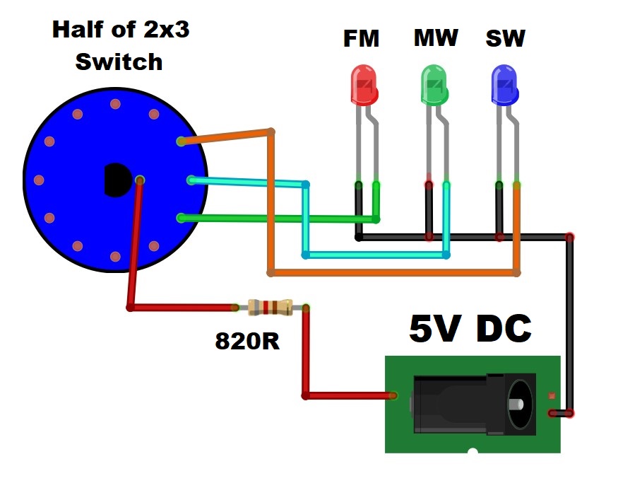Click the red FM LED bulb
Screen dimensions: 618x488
[364, 86]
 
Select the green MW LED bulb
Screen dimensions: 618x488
[434, 86]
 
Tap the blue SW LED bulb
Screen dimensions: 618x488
[505, 86]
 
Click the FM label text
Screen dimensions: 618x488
[361, 38]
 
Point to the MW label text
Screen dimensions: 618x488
[436, 38]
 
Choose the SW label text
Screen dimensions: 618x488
[505, 38]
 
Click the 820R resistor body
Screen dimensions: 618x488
[271, 307]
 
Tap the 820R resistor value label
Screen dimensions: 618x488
[247, 341]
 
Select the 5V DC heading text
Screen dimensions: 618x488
[470, 328]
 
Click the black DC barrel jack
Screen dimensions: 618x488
[475, 404]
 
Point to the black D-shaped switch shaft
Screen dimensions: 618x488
[117, 180]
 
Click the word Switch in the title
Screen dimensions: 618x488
[119, 62]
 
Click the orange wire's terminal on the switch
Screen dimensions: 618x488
[181, 141]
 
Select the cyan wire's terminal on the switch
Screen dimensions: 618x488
[191, 180]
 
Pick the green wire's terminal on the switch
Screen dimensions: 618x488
[181, 218]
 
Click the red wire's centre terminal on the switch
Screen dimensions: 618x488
[140, 180]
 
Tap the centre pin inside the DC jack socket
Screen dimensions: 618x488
[516, 405]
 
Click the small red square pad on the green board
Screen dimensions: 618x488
[552, 395]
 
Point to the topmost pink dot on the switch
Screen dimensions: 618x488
[115, 104]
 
